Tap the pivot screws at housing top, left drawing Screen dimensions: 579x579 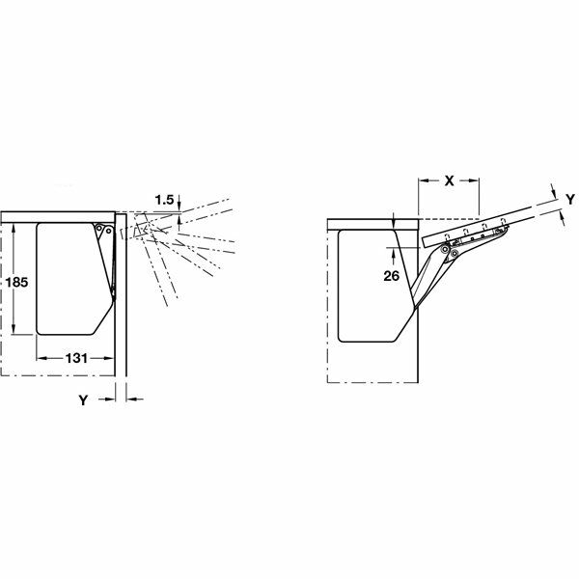[105, 230]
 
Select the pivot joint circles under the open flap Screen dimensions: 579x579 [443, 251]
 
